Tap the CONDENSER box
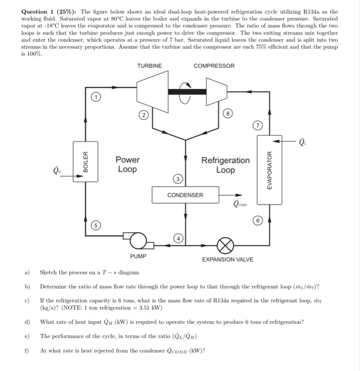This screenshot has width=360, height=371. click(185, 195)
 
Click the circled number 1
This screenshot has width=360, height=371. click(94, 98)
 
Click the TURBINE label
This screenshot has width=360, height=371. click(150, 66)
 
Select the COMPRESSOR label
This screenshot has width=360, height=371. click(214, 66)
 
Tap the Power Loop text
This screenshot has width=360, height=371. click(127, 164)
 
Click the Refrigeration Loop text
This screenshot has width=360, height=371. click(225, 164)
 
